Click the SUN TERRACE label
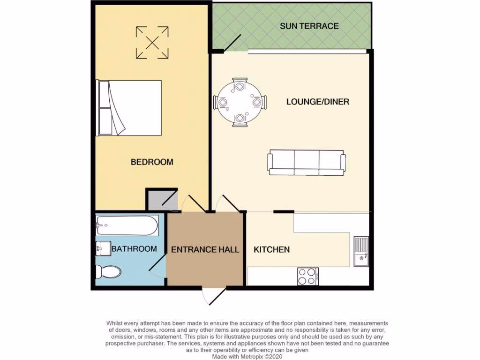[309, 26]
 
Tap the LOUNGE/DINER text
[318, 102]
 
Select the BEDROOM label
[151, 162]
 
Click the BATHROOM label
[134, 249]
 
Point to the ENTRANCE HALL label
[205, 249]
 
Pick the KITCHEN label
[271, 249]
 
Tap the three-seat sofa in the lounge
[307, 163]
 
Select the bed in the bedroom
[129, 108]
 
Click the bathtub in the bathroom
[127, 226]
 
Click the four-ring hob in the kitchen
[307, 276]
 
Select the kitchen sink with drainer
[361, 251]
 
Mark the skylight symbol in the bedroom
[152, 43]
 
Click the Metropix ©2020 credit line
[240, 356]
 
